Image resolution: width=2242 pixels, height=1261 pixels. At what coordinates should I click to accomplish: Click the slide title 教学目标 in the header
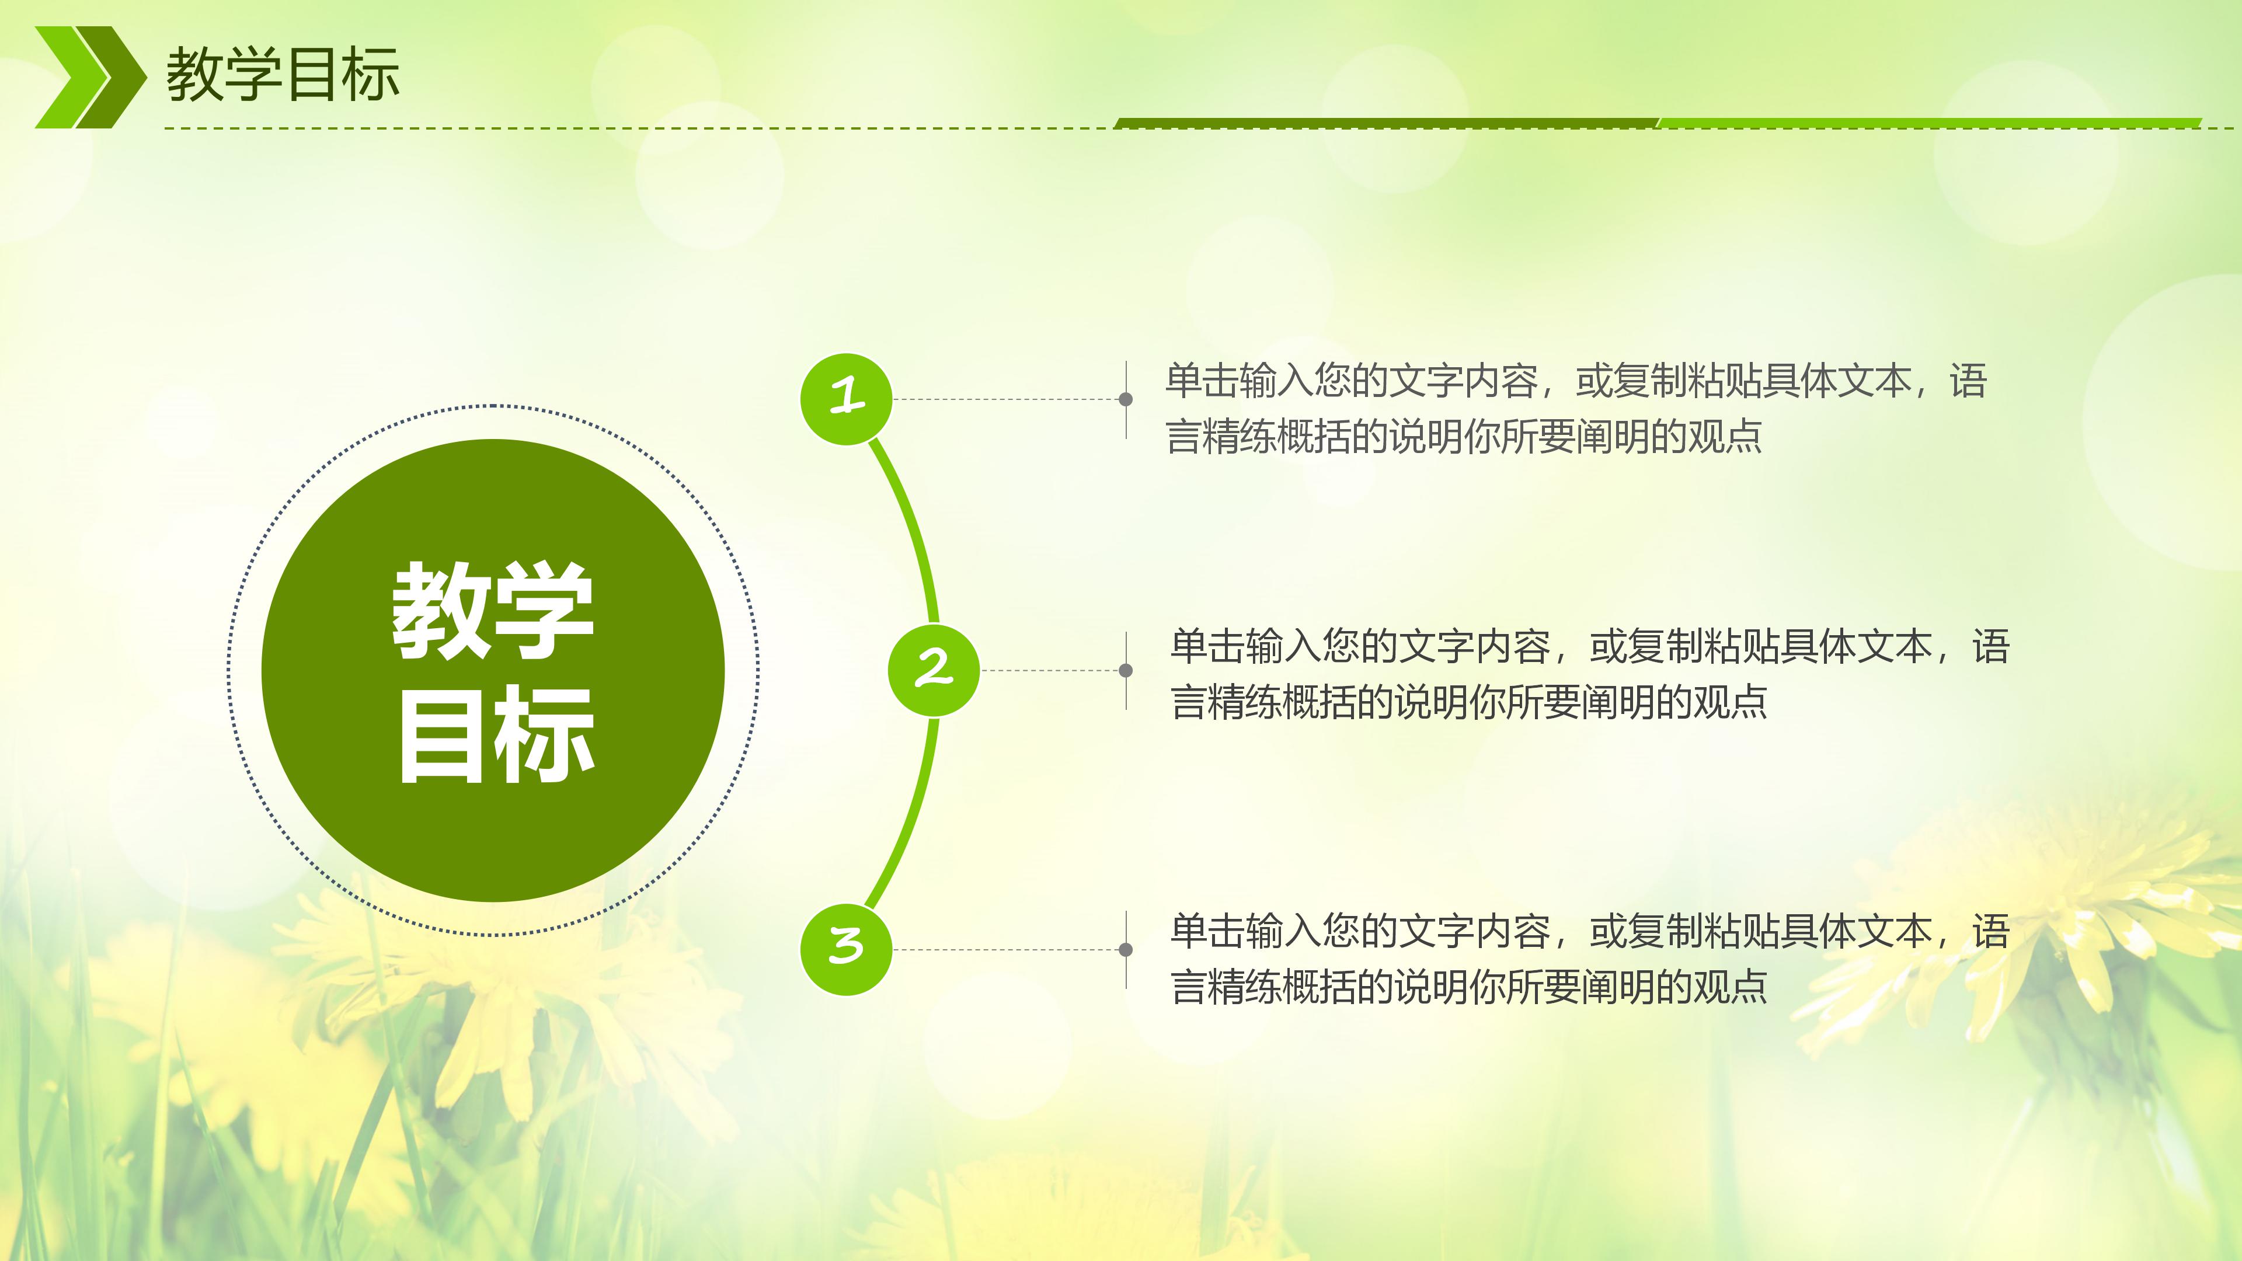(x=283, y=75)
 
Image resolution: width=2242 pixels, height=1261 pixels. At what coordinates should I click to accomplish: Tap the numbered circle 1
(x=846, y=399)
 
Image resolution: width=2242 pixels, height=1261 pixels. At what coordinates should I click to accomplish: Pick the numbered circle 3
(x=846, y=949)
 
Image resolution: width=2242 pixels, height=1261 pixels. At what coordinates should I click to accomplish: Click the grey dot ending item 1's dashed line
(x=1125, y=399)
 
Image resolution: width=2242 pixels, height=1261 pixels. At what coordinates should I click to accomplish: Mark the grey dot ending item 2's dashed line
(x=1125, y=670)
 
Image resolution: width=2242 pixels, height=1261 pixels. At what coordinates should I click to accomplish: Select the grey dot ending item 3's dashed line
(x=1125, y=949)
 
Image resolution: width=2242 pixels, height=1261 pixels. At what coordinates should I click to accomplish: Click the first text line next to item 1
(x=1575, y=381)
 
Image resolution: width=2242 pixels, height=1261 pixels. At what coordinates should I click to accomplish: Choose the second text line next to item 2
(x=1469, y=701)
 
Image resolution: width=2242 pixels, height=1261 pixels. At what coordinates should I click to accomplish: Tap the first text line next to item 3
(x=1589, y=931)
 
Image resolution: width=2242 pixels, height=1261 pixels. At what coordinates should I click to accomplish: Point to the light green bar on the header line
(x=1928, y=123)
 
